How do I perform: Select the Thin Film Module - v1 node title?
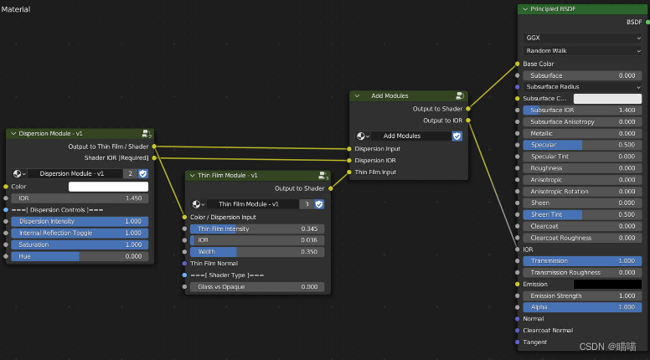[x=228, y=176]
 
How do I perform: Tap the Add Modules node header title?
[x=389, y=95]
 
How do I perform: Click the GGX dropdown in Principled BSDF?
[x=582, y=38]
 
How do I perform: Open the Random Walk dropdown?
[x=582, y=51]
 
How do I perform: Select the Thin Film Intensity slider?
[x=258, y=229]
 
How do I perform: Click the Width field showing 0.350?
[x=258, y=251]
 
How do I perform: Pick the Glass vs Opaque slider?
[x=258, y=287]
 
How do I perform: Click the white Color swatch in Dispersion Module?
[x=108, y=187]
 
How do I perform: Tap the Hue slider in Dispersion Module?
[x=80, y=256]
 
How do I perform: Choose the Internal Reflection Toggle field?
[x=80, y=233]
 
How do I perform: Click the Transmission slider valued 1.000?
[x=582, y=261]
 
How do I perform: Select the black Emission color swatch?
[x=607, y=285]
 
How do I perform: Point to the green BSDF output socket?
[x=646, y=22]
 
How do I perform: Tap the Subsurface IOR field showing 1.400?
[x=582, y=110]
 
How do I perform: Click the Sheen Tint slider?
[x=582, y=214]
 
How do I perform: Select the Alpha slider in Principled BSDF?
[x=582, y=307]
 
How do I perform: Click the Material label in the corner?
[x=15, y=8]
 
